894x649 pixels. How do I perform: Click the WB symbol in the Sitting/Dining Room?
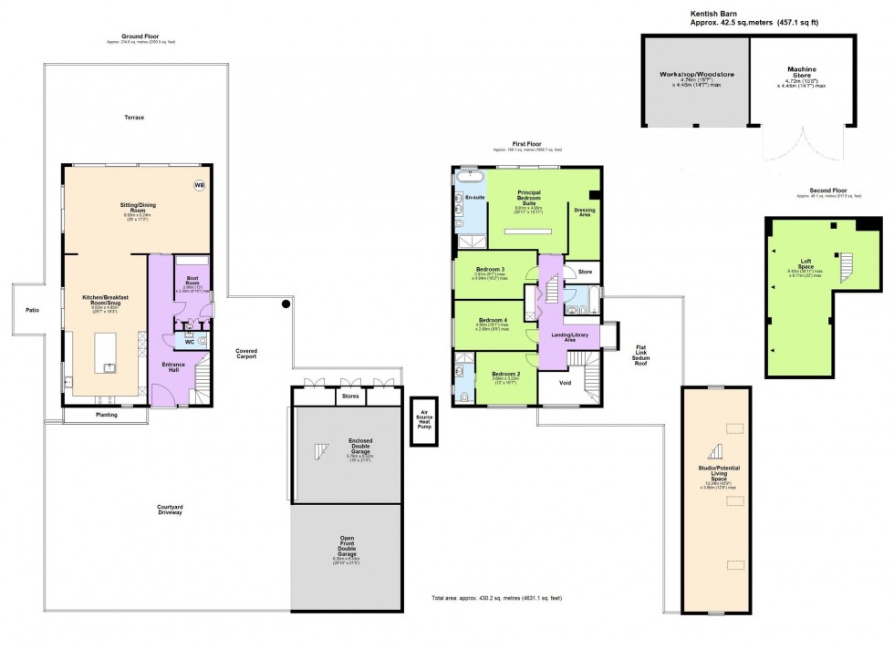[199, 186]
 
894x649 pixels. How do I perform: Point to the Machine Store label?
[802, 71]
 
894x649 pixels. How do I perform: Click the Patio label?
[33, 310]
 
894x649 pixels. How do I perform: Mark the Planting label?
[107, 415]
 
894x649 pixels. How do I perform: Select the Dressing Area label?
[585, 212]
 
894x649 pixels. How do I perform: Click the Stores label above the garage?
[350, 397]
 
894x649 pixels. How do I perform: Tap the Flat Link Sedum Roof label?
[640, 354]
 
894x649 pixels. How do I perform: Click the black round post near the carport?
[286, 304]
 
